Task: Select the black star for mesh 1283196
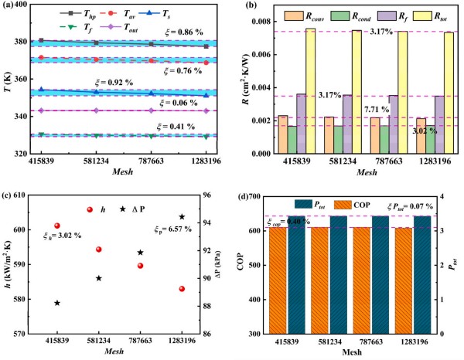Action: (182, 217)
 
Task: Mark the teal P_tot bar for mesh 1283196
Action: (425, 274)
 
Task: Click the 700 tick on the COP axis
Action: (254, 196)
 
